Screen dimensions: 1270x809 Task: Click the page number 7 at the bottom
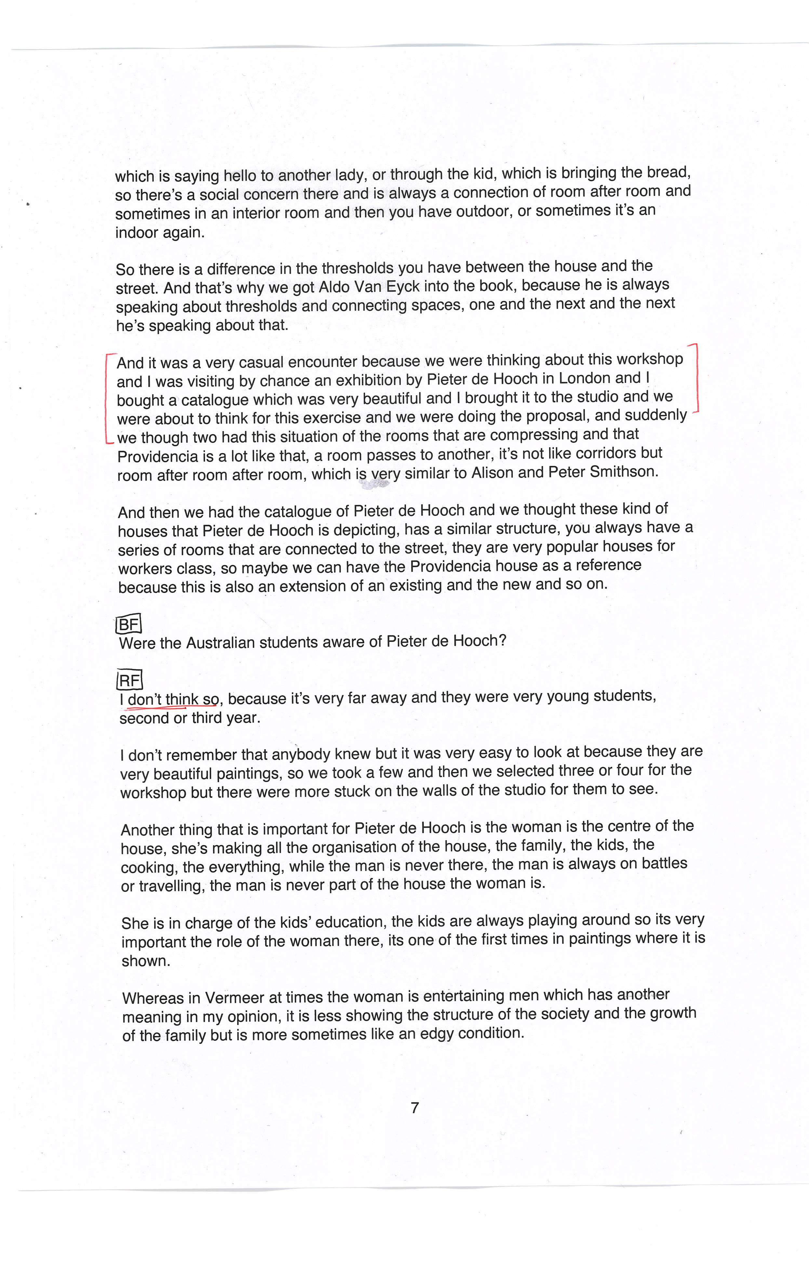coord(415,1108)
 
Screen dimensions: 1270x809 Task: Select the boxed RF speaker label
coord(129,680)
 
